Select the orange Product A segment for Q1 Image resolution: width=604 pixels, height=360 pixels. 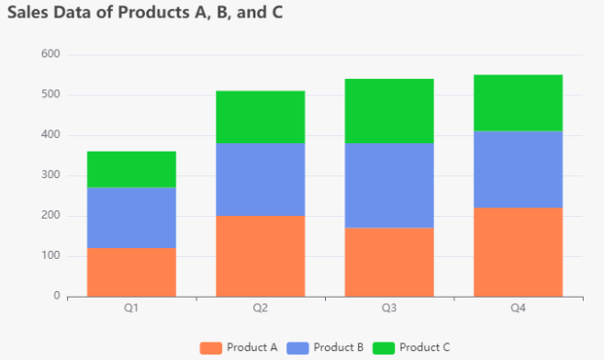pyautogui.click(x=131, y=272)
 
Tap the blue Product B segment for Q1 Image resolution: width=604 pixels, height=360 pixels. pyautogui.click(x=131, y=218)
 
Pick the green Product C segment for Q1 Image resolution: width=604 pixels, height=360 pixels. pyautogui.click(x=131, y=170)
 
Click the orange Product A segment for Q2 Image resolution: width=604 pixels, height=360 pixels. pyautogui.click(x=260, y=256)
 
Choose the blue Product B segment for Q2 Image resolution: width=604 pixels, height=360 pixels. pyautogui.click(x=260, y=179)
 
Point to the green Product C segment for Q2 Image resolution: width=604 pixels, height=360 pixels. pyautogui.click(x=260, y=117)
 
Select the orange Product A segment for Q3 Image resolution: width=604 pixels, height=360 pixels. pyautogui.click(x=389, y=262)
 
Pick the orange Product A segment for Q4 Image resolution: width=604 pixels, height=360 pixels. pyautogui.click(x=518, y=252)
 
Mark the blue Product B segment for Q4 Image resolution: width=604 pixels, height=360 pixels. pyautogui.click(x=518, y=169)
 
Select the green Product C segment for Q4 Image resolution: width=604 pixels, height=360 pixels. pyautogui.click(x=518, y=103)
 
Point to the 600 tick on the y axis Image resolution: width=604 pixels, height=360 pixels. pyautogui.click(x=50, y=54)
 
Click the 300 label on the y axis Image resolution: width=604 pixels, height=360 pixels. pyautogui.click(x=50, y=175)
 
